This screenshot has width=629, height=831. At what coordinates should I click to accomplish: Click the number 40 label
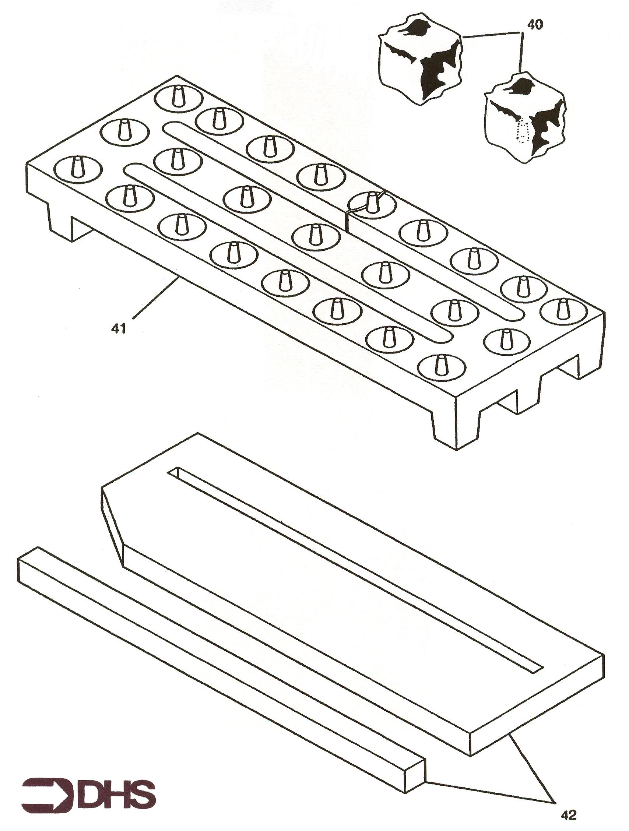pyautogui.click(x=535, y=26)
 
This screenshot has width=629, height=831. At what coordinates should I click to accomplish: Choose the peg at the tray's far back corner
pyautogui.click(x=179, y=96)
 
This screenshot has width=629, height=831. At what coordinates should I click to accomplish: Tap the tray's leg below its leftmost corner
pyautogui.click(x=59, y=222)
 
